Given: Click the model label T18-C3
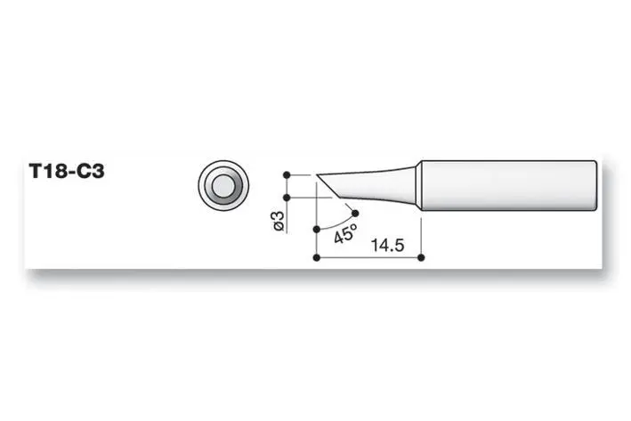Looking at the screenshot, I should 67,172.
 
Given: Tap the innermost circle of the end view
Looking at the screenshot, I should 222,186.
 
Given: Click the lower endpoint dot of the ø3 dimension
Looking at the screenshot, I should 287,198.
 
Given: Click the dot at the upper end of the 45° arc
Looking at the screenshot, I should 356,213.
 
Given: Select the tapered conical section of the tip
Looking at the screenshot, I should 374,185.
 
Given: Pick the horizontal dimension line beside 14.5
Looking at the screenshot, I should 356,258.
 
